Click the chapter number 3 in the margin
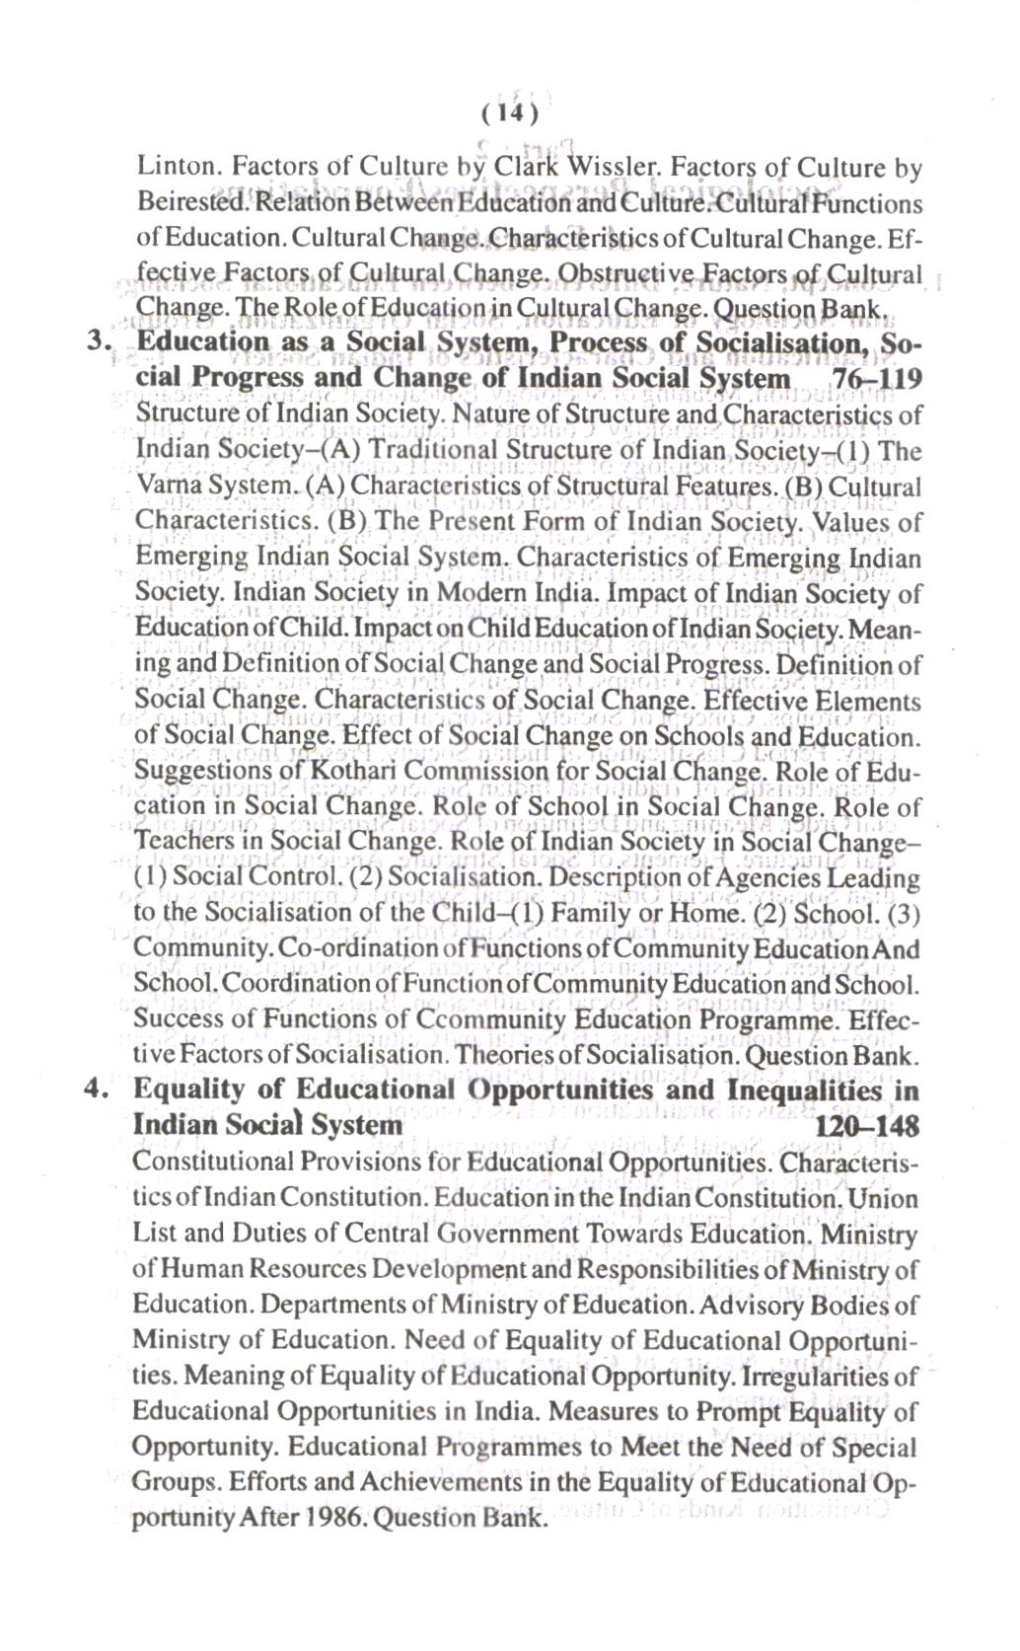coord(95,341)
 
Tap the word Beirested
coord(178,204)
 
